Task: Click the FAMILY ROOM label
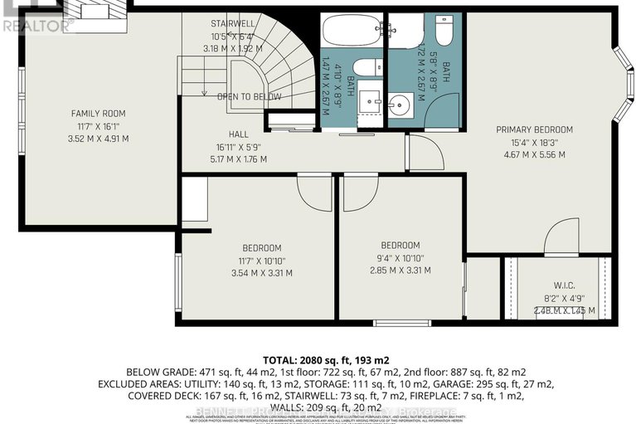[98, 114]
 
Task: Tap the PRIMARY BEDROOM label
[535, 129]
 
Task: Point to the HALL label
[240, 134]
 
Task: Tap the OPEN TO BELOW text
[249, 97]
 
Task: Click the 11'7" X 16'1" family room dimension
[98, 126]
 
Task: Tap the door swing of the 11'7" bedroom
[315, 192]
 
